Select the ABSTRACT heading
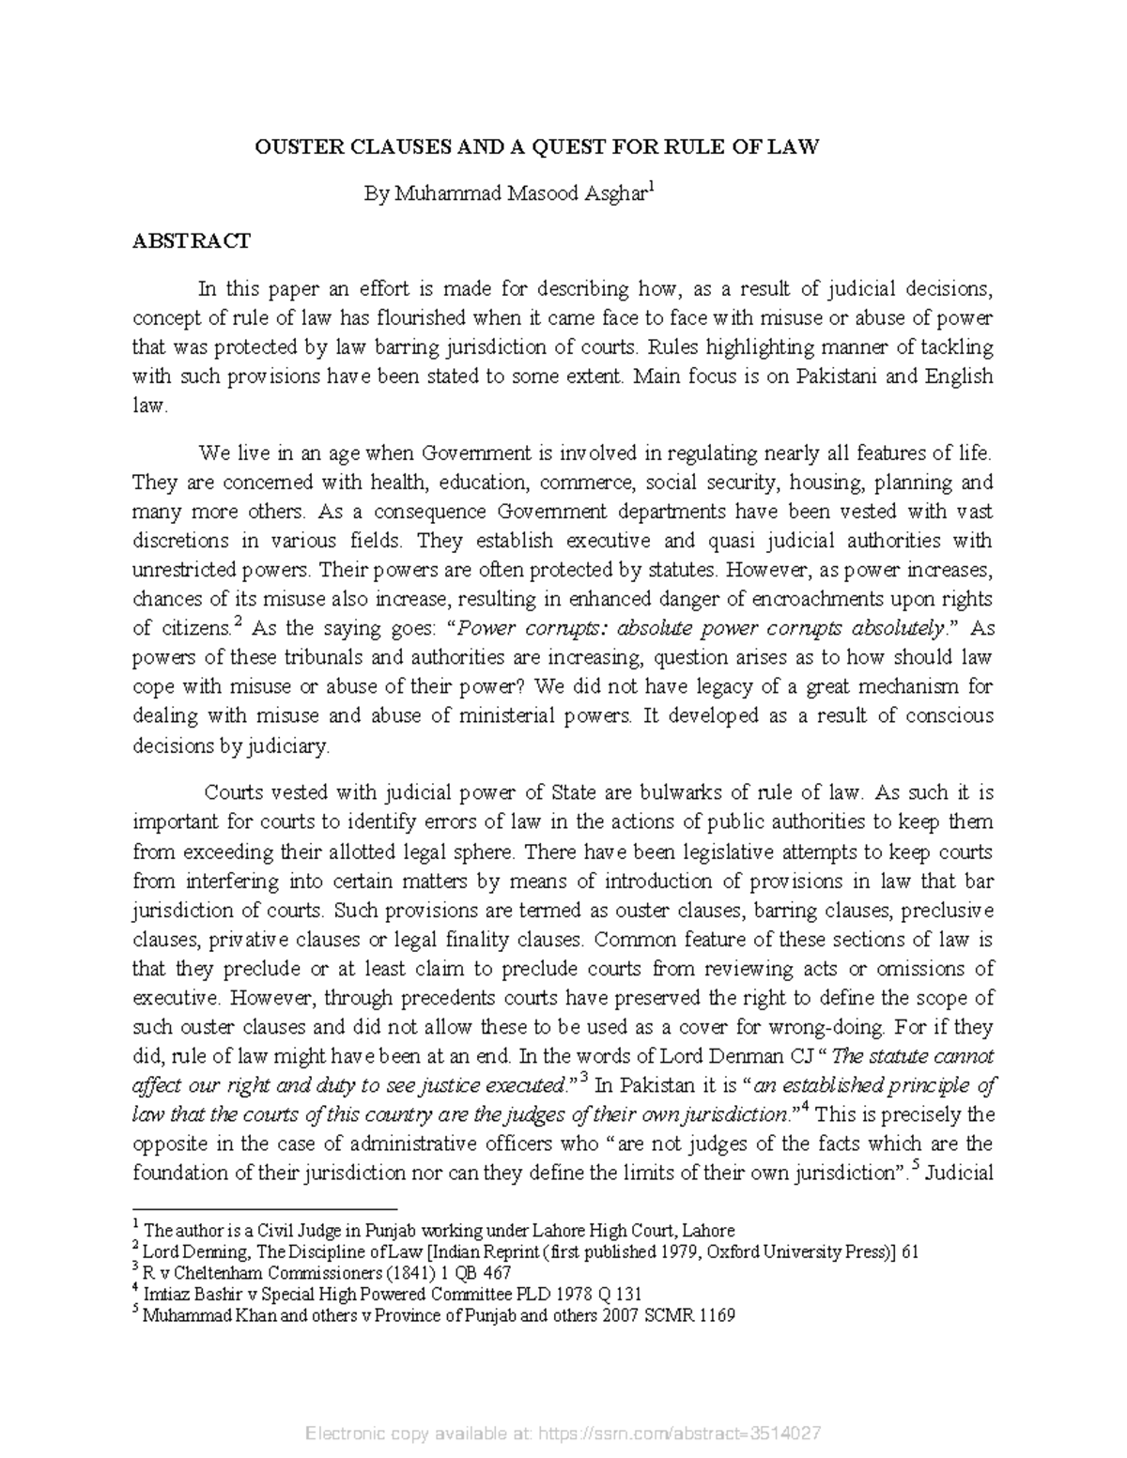tap(191, 241)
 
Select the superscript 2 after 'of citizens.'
tap(238, 622)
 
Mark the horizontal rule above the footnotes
tap(266, 1210)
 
